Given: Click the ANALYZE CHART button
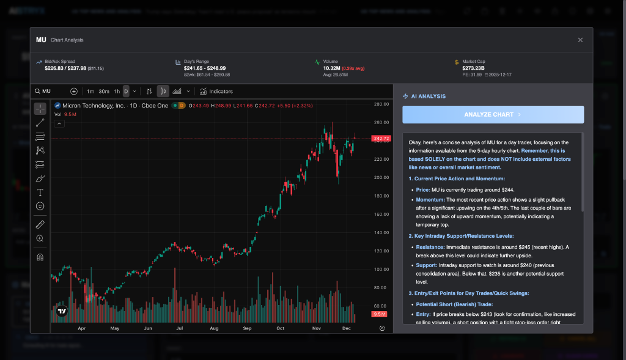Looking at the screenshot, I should point(493,114).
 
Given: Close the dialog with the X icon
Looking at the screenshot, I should point(580,40).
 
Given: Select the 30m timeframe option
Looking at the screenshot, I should point(104,92).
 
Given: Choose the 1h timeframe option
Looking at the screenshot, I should point(117,92).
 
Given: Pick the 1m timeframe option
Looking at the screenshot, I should point(90,92).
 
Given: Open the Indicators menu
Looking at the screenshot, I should point(216,92).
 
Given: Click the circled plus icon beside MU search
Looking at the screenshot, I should point(74,92).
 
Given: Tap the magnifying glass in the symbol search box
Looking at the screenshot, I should point(38,92).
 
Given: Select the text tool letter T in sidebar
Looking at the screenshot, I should point(40,192).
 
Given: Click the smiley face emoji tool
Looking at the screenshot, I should point(40,206).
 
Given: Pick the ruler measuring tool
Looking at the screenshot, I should point(40,224).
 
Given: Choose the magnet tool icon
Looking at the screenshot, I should point(40,257).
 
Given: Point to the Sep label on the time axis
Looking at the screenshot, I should point(247,328).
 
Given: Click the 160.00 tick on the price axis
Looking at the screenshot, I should point(381,214).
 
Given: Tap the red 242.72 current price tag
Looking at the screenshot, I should point(381,139).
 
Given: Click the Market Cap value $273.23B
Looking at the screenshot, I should point(474,68).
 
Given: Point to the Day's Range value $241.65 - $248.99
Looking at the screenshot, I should point(204,68).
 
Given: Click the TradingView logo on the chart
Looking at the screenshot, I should point(61,311).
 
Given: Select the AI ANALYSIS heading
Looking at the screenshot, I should point(428,96).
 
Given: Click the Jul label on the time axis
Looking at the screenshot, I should point(180,328).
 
